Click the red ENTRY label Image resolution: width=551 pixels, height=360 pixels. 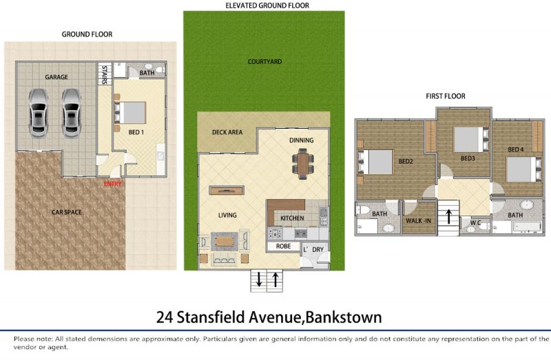coord(112,184)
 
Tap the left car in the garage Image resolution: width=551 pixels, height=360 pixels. coord(39,113)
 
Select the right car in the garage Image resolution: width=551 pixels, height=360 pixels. coord(72,113)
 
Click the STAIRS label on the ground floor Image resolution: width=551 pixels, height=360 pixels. coord(105,75)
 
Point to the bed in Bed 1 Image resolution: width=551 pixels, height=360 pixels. coord(129,113)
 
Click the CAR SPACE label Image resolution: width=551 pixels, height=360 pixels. coord(67,212)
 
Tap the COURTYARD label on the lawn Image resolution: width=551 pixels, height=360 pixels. coord(264,62)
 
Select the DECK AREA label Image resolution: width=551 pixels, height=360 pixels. coord(227,132)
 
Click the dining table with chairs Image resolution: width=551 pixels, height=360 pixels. coord(303,164)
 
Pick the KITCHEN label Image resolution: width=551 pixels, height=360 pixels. coord(292,218)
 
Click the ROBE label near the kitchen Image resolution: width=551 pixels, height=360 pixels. coord(283,246)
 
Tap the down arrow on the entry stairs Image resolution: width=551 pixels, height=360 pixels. coord(259,279)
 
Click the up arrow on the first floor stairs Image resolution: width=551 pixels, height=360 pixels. coord(449,216)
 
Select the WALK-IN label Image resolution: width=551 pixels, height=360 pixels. coord(418,220)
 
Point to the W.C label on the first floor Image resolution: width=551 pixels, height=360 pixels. coord(475,222)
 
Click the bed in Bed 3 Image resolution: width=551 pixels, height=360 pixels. coord(471,140)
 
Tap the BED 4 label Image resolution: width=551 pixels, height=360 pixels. coord(515,149)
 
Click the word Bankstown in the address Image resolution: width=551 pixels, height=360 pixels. coord(344,317)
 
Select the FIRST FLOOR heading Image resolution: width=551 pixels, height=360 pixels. coord(446,96)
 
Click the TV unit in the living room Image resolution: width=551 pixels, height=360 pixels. coord(227,191)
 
